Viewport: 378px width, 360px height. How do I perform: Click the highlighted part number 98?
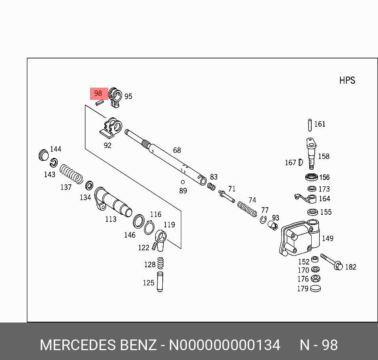pos(98,94)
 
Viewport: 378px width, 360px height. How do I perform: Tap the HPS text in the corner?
pos(347,81)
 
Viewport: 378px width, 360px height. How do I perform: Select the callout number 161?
pos(320,124)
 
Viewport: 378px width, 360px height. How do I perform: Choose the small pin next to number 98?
pos(100,103)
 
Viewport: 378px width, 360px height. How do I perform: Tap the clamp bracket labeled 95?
pos(115,97)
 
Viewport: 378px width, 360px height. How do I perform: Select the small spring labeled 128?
pos(160,263)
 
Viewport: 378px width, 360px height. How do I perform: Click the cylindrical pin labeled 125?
pos(160,281)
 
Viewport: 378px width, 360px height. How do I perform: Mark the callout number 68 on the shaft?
pos(177,150)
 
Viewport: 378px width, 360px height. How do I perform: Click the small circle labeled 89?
pos(182,182)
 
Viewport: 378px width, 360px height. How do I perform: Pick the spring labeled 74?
pos(247,208)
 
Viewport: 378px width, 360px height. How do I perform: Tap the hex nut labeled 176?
pos(315,279)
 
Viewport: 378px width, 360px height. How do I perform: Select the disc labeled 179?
pos(316,289)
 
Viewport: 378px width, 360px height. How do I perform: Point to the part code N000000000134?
pos(224,345)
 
